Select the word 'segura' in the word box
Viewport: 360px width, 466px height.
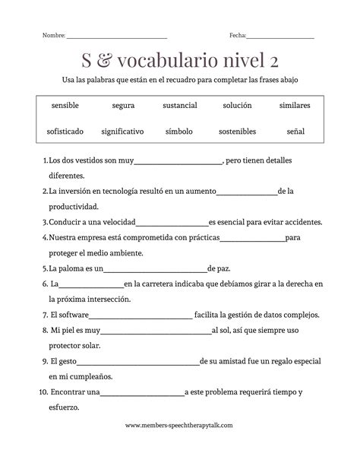(122, 106)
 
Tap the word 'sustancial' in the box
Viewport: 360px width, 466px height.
(179, 106)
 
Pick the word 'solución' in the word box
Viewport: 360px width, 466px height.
(237, 106)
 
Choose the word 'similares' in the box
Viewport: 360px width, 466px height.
(295, 106)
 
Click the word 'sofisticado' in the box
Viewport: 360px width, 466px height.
(65, 132)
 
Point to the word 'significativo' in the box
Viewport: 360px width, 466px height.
(122, 132)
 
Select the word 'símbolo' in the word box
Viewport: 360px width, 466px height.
(179, 132)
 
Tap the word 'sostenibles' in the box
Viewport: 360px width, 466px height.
(237, 132)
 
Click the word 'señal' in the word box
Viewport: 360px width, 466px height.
(295, 132)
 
